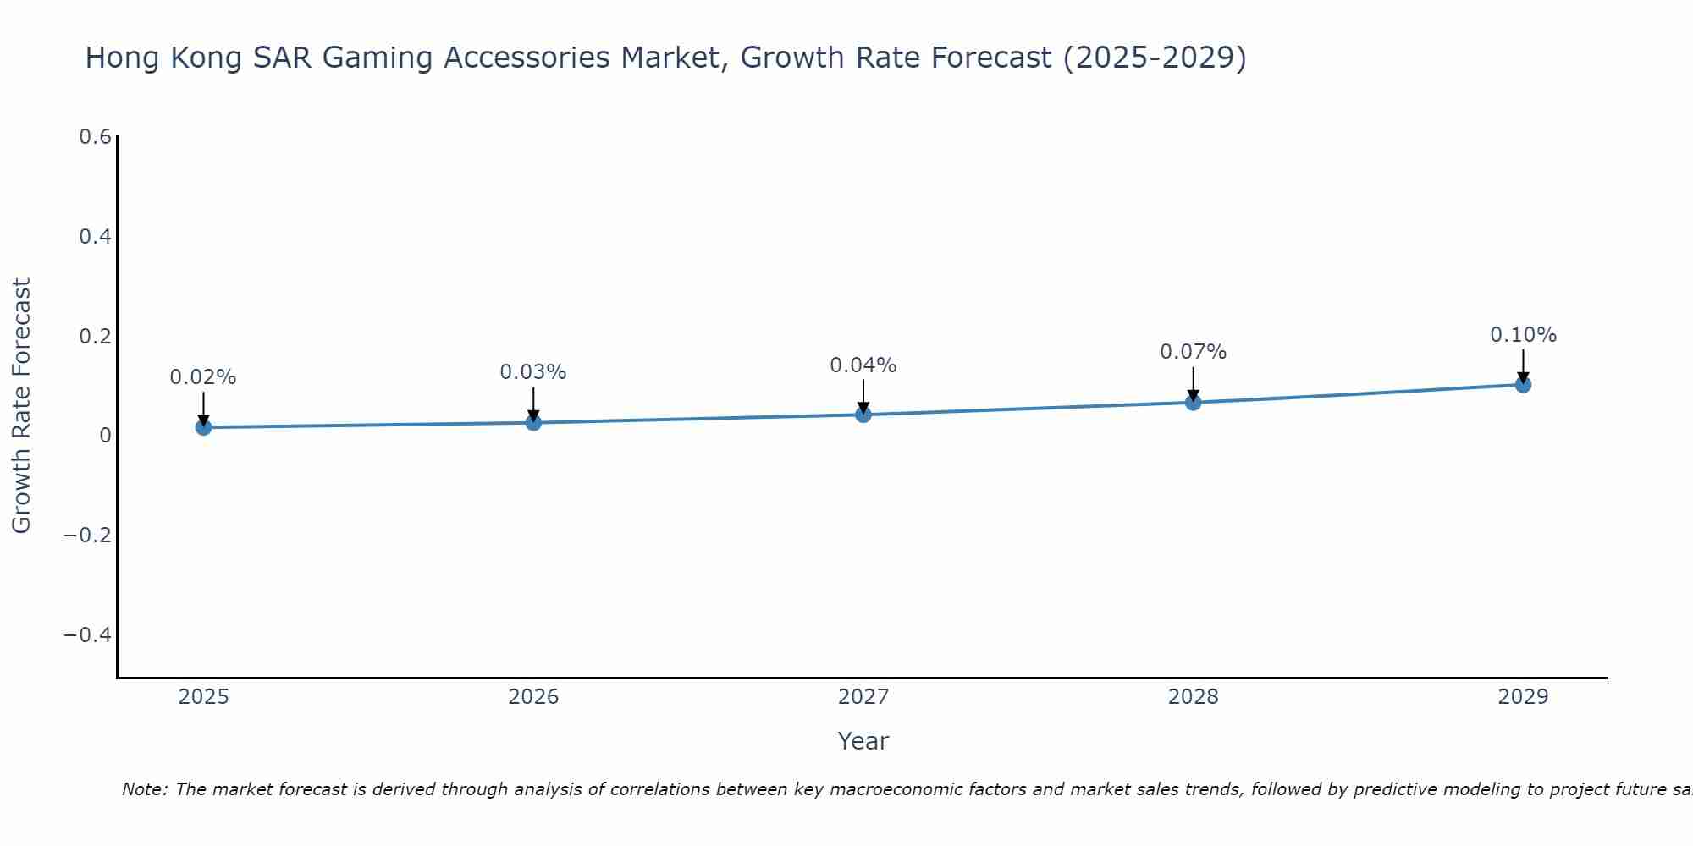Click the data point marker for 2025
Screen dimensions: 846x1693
(203, 427)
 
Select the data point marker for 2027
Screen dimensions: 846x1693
(863, 415)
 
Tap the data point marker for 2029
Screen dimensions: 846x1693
(1523, 385)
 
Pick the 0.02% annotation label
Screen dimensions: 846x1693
(203, 377)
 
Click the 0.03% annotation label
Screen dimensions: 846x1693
(533, 372)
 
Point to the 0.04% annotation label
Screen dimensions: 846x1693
(863, 365)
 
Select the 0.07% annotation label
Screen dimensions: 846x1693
(1193, 352)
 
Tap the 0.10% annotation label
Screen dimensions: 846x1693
(1523, 335)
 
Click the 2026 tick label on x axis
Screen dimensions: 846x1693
(533, 697)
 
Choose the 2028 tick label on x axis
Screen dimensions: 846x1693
(1193, 697)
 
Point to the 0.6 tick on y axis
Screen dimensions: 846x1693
(96, 137)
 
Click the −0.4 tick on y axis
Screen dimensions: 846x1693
(88, 634)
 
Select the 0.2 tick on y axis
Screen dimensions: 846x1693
(96, 336)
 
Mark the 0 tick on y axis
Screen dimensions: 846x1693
(105, 436)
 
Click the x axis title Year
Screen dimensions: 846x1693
(863, 741)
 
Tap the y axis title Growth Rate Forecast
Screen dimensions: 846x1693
(21, 405)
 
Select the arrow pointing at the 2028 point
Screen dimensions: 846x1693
(1193, 384)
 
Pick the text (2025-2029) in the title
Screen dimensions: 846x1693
(1155, 58)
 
